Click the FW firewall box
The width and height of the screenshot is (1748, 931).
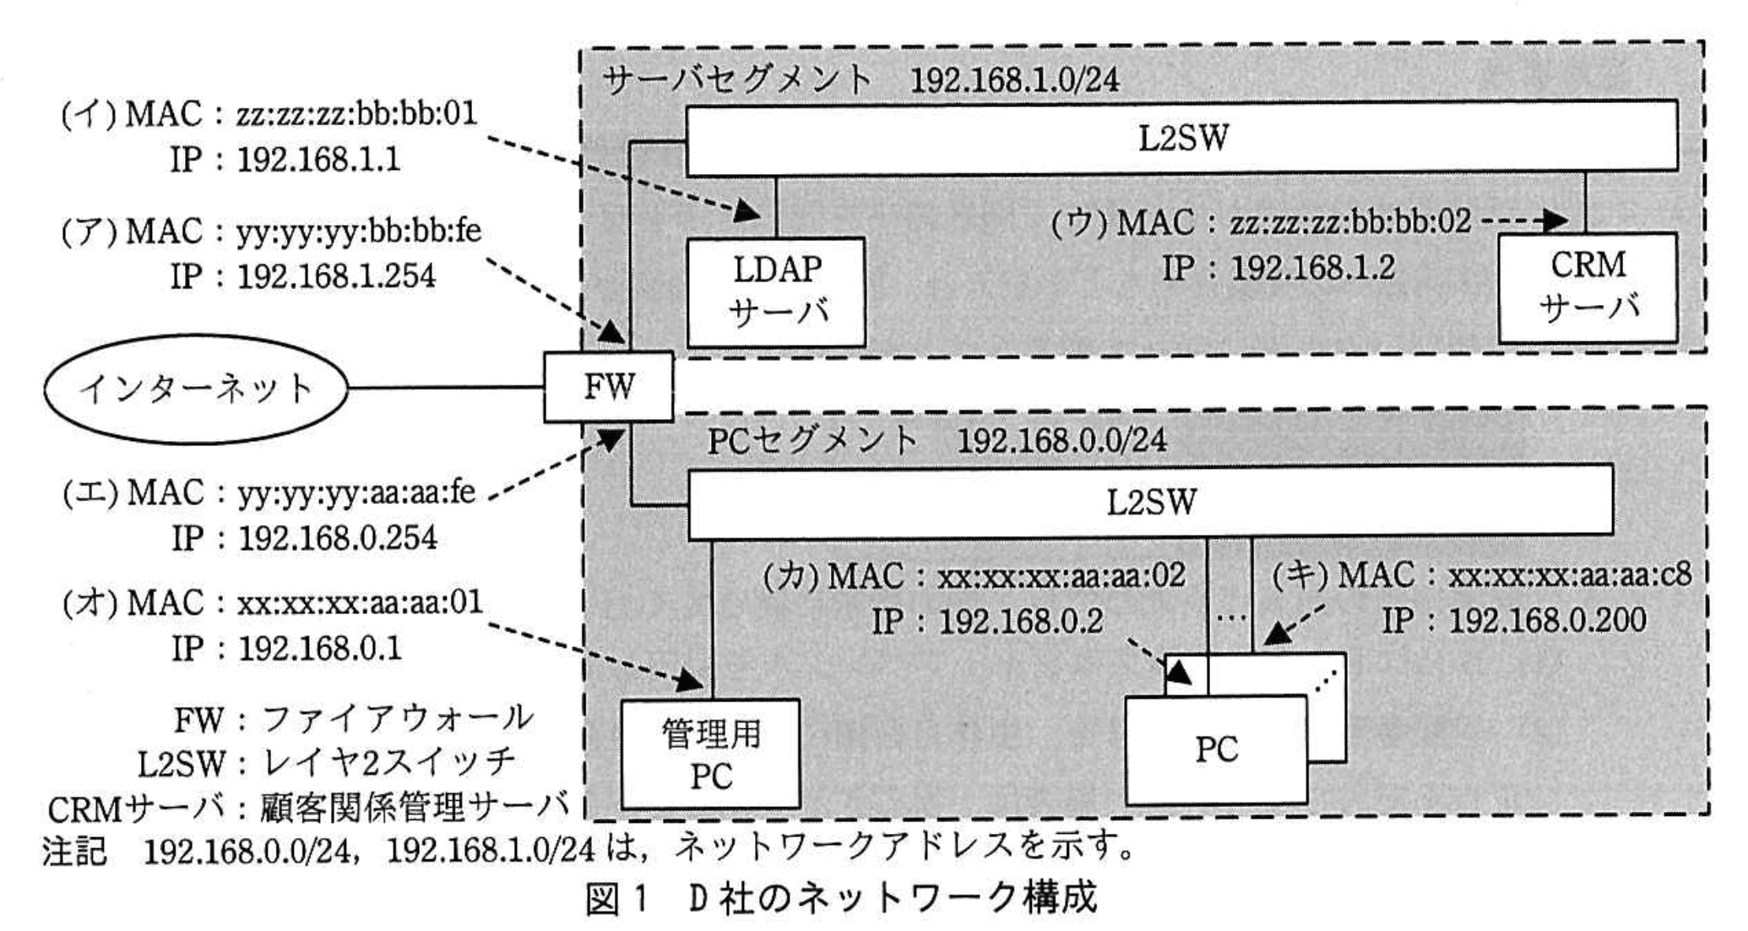click(x=608, y=387)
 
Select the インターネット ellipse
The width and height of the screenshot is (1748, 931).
click(x=196, y=389)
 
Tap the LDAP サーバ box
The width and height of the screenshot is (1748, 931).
click(x=776, y=291)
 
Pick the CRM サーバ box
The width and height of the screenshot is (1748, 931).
click(x=1588, y=287)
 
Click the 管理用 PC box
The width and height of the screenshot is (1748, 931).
click(x=710, y=754)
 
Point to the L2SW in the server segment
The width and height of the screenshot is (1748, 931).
click(x=1181, y=138)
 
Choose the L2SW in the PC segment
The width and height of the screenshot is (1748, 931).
click(x=1151, y=503)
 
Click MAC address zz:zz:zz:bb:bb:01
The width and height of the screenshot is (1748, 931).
click(x=356, y=114)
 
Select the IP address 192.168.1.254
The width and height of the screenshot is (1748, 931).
click(x=336, y=276)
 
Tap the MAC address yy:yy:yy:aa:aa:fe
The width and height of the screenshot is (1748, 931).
click(x=356, y=493)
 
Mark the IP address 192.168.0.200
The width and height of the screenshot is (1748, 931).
click(x=1547, y=621)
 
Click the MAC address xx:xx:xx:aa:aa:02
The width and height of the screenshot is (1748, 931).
click(x=1061, y=576)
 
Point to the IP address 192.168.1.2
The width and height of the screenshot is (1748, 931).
click(x=1312, y=269)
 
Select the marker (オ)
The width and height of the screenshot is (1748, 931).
click(x=90, y=603)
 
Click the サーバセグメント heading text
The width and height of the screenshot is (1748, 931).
click(x=737, y=80)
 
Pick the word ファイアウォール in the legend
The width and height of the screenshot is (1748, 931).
click(x=398, y=719)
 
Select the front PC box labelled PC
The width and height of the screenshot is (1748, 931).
click(x=1216, y=749)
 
